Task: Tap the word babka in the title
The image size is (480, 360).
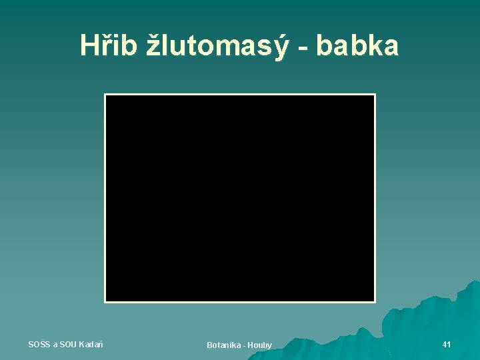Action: tap(357, 45)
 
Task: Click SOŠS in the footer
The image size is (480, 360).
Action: tap(39, 344)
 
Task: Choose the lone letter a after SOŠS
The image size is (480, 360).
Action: tap(55, 345)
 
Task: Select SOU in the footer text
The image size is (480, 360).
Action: tap(68, 344)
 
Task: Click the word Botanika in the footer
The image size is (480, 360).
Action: tap(223, 345)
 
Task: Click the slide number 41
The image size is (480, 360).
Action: tap(447, 344)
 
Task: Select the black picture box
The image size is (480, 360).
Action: tap(240, 198)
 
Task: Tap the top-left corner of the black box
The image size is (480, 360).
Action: tap(105, 95)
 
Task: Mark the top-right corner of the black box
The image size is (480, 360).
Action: tap(375, 95)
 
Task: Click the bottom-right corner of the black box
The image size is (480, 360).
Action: tap(375, 301)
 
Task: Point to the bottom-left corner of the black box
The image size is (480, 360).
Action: tap(105, 301)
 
